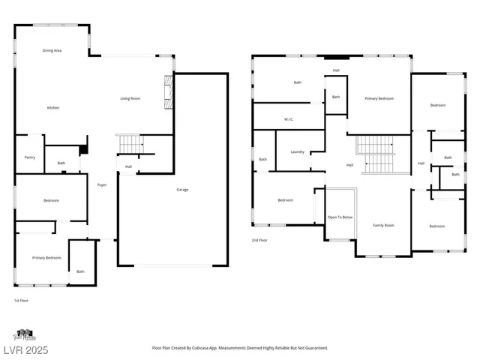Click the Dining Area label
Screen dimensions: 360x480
[x=52, y=50]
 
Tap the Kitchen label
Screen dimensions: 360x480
[x=53, y=108]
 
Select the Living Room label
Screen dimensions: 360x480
[x=131, y=99]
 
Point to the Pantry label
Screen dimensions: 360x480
[x=30, y=157]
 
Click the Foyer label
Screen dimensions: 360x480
[x=101, y=185]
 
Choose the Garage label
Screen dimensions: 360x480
[x=182, y=190]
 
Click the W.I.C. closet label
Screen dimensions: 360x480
[x=288, y=119]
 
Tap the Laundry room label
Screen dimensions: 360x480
[x=298, y=152]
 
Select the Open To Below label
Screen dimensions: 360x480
[x=340, y=217]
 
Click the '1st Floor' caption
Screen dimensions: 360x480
[x=21, y=300]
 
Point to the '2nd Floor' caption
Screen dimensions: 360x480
[x=259, y=241]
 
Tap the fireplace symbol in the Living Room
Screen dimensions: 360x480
[x=169, y=93]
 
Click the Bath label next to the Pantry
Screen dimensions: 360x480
[x=61, y=163]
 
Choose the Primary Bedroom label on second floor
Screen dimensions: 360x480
[x=379, y=99]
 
